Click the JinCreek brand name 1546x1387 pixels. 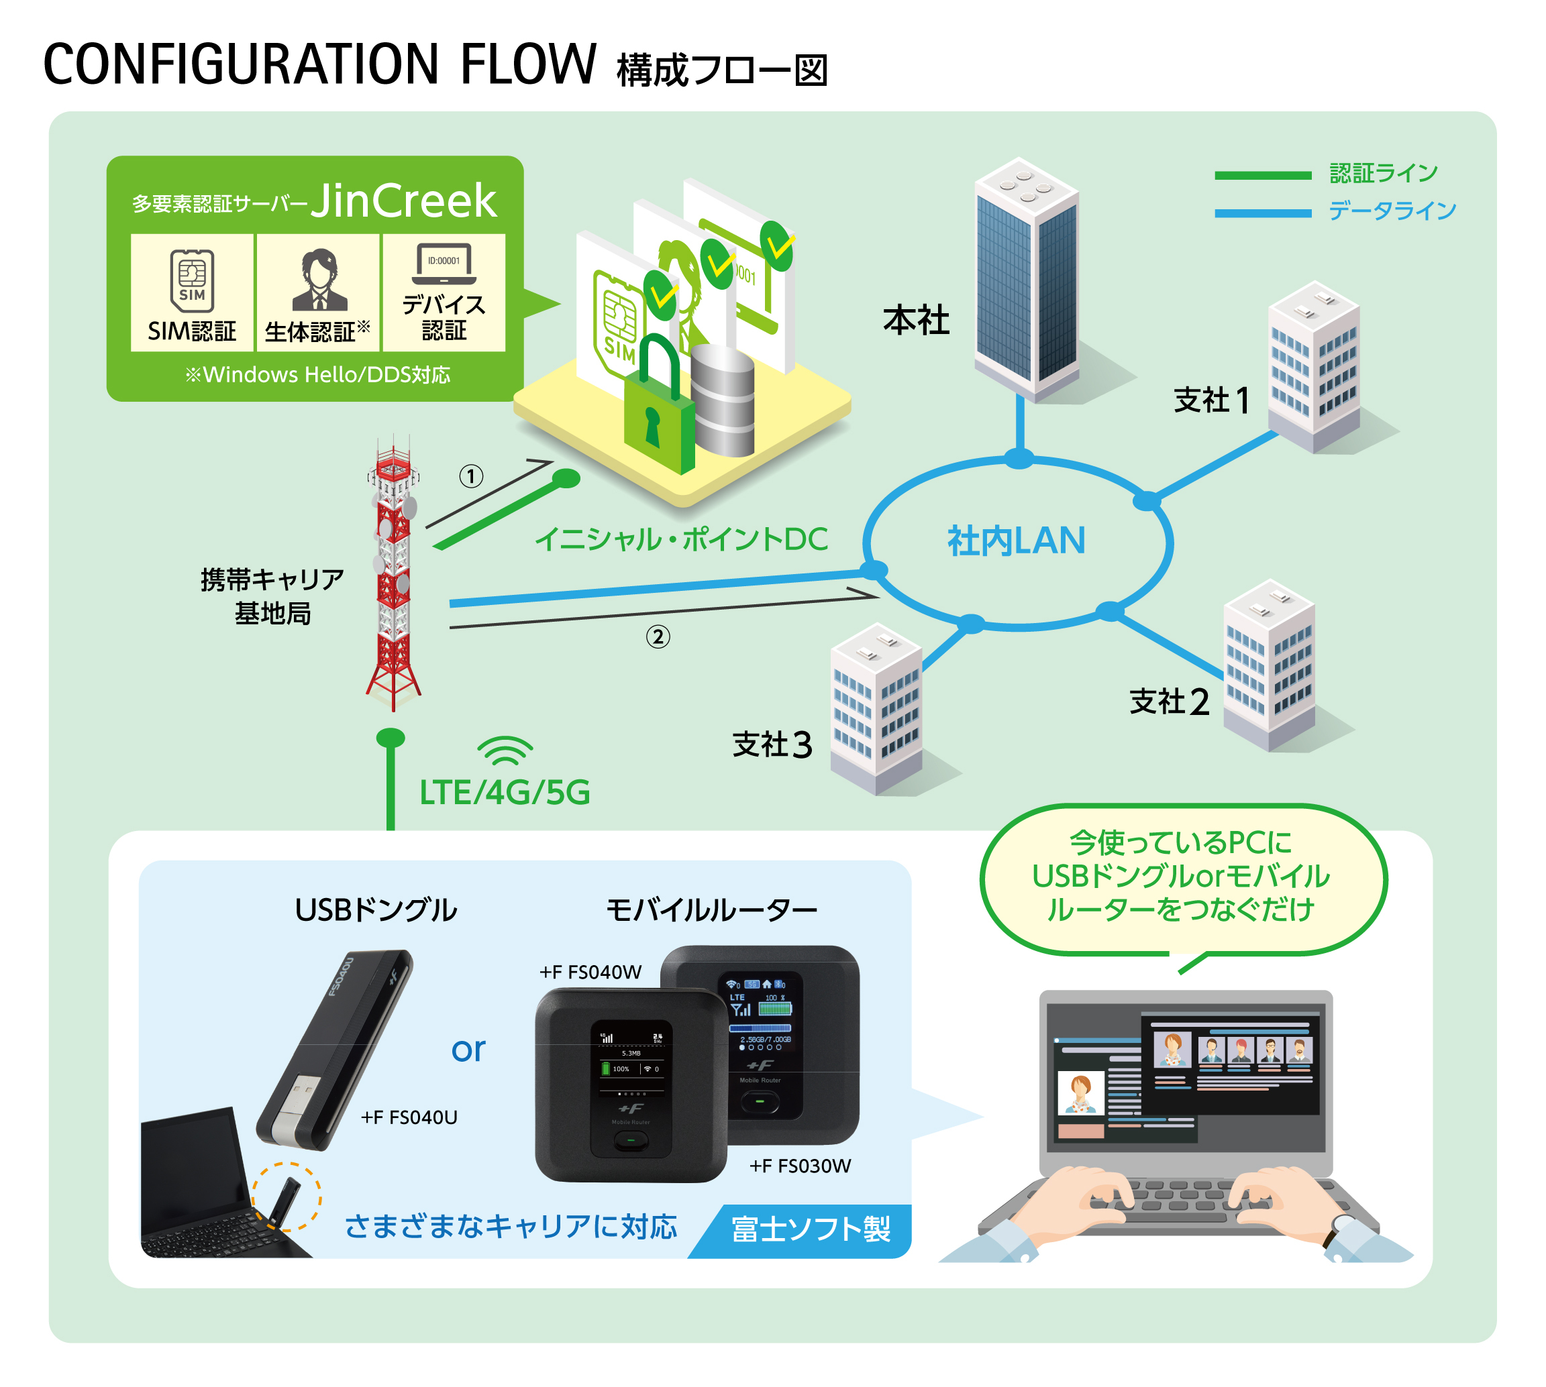tap(403, 201)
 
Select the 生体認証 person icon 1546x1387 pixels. tap(319, 280)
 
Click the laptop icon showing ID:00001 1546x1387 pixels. tap(444, 264)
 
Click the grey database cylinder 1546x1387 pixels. tap(722, 400)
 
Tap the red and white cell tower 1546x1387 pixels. tap(393, 571)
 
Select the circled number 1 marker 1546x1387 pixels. tap(471, 477)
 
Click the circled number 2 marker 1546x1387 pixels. tap(658, 636)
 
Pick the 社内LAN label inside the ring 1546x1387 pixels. tap(1016, 541)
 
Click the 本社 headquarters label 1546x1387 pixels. tap(915, 320)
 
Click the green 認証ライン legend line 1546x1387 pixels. tap(1262, 176)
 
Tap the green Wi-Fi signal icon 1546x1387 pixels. tap(505, 751)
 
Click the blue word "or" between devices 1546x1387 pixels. tap(468, 1050)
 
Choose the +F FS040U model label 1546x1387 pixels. tap(409, 1117)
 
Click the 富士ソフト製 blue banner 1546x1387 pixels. tap(810, 1229)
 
